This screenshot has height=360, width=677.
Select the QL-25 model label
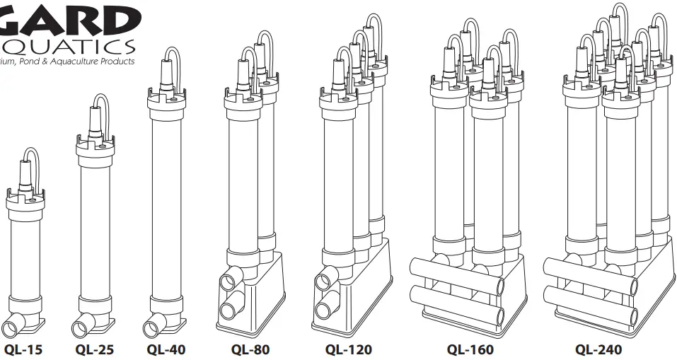point(94,349)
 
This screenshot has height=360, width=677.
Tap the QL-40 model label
point(166,349)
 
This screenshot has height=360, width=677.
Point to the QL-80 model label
point(250,349)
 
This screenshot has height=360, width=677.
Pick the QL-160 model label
point(470,349)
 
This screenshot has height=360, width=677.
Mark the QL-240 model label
point(598,349)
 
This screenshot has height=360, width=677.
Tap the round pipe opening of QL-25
point(80,328)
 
